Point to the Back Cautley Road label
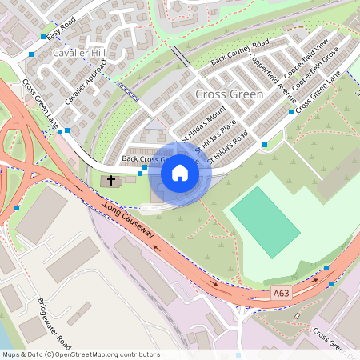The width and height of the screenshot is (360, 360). [x=238, y=54]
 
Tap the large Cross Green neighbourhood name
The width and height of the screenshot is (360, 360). [x=228, y=94]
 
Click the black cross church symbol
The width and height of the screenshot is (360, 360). [x=110, y=182]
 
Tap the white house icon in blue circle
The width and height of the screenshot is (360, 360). [x=180, y=172]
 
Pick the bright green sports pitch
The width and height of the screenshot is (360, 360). [x=264, y=212]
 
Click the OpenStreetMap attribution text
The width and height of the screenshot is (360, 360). [x=80, y=354]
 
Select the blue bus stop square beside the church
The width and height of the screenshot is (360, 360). [x=140, y=173]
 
